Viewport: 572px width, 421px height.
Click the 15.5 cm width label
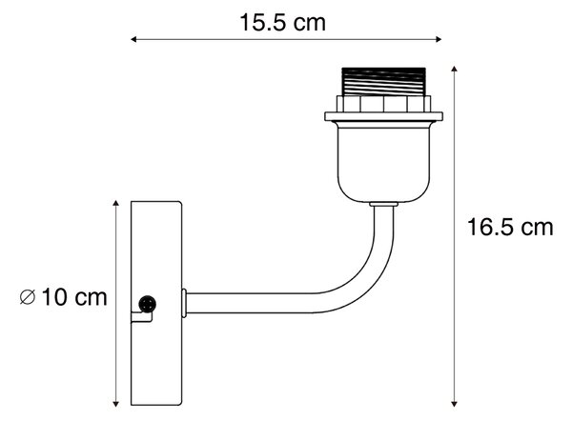[282, 23]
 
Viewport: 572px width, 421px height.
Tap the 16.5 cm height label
[510, 227]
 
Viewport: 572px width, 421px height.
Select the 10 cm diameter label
[74, 297]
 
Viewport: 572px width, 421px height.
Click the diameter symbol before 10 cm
[28, 297]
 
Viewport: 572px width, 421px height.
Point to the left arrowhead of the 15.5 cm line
[133, 39]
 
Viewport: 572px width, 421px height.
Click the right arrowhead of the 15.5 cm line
[439, 39]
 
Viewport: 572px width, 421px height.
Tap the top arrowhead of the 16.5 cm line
[454, 70]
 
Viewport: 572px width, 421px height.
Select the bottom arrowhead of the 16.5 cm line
[454, 404]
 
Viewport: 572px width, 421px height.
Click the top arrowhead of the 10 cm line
[115, 204]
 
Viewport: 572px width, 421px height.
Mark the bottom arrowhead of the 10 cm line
[115, 404]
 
